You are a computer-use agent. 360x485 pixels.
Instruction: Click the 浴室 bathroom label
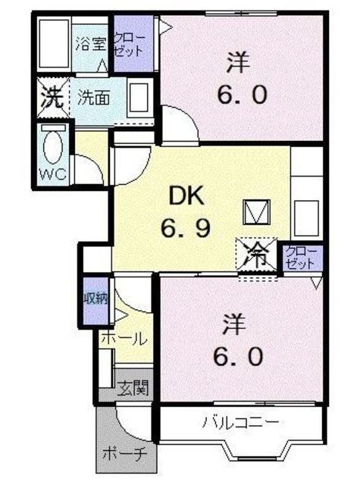tap(91, 43)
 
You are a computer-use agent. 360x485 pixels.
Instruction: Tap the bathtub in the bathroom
tap(53, 45)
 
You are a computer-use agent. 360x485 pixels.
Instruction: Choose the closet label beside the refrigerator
tap(302, 258)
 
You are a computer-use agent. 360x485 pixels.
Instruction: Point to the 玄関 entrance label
tap(133, 390)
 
